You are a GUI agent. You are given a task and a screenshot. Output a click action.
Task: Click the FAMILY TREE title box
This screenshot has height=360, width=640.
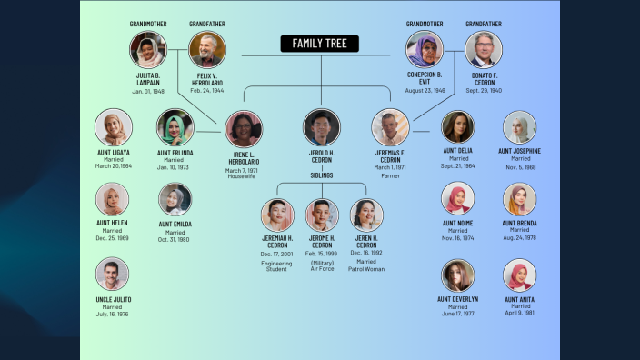point(319,44)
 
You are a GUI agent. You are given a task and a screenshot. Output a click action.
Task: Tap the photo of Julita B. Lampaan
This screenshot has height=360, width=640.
point(147,50)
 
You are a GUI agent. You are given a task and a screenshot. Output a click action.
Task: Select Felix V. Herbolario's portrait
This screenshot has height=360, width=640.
point(207,50)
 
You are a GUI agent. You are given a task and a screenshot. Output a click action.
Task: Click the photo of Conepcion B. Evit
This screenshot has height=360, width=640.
point(425,50)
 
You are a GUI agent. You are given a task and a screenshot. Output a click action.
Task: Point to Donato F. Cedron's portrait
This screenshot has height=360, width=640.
point(484,50)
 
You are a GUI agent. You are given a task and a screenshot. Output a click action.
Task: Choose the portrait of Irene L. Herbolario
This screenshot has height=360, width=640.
point(244,129)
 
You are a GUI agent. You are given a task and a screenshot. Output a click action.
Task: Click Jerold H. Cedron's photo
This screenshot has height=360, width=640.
point(322,127)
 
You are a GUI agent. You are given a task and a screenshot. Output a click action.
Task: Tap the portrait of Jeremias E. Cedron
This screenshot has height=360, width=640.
point(390,127)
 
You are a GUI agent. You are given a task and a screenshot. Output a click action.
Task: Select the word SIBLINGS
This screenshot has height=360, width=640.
point(322,175)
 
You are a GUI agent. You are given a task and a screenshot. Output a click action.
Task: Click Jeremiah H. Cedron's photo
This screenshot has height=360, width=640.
point(277,215)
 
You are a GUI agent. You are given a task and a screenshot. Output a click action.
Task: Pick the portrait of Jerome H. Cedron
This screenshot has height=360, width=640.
point(322,215)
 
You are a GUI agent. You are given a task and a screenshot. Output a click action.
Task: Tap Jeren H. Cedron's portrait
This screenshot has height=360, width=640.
point(366,215)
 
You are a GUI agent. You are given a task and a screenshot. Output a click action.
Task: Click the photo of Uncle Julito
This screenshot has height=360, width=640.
point(113,274)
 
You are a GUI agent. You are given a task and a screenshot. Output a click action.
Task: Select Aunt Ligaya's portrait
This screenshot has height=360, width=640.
point(114,127)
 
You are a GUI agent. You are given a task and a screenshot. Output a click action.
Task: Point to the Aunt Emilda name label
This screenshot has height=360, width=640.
point(175,224)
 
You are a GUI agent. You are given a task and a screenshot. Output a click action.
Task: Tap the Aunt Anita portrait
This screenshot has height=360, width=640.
point(519,275)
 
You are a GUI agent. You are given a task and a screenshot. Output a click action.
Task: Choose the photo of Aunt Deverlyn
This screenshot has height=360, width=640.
point(458,275)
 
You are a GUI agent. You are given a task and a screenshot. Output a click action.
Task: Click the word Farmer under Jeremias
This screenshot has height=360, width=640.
point(390,175)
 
